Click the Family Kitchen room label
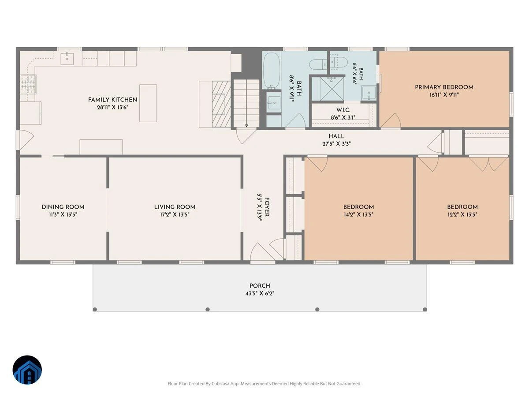(x=112, y=100)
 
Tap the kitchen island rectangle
(x=148, y=103)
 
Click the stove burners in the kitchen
(x=28, y=84)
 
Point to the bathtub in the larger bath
(x=272, y=71)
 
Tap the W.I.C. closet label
(x=343, y=110)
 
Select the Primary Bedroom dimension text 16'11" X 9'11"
(x=444, y=95)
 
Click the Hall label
(x=336, y=136)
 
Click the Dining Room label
(x=63, y=207)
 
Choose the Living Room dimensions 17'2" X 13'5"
(x=175, y=214)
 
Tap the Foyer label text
(x=267, y=207)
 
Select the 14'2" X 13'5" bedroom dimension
(x=358, y=214)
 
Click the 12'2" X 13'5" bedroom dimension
(x=462, y=214)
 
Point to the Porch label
(x=260, y=286)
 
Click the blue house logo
(x=27, y=370)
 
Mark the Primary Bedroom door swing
(x=391, y=120)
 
